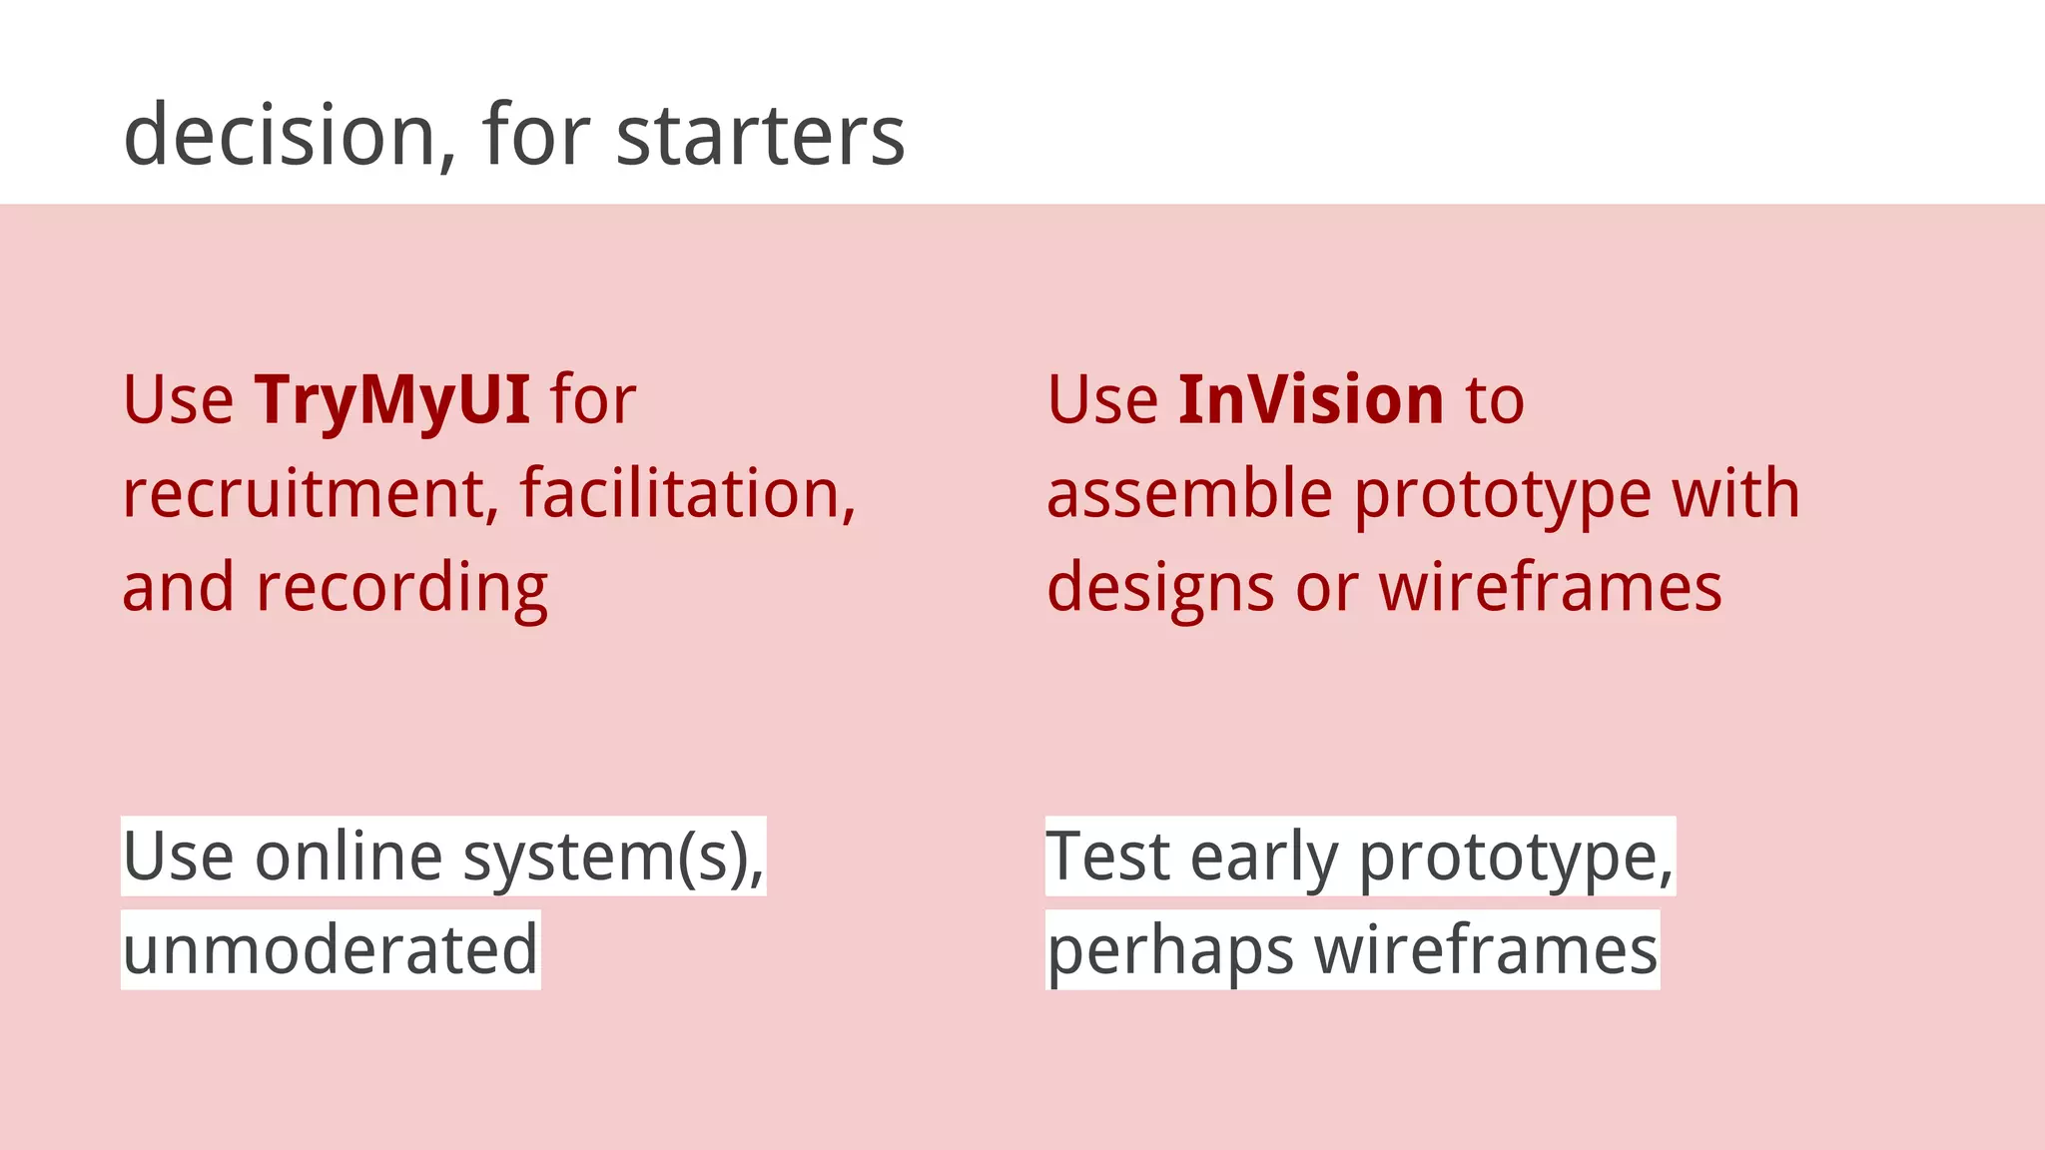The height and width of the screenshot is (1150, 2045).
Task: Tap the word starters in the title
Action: pos(760,137)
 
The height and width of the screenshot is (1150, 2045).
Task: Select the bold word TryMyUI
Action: pos(391,399)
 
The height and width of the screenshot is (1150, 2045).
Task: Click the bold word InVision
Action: pos(1310,399)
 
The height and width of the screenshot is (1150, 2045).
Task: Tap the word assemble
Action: pos(1188,493)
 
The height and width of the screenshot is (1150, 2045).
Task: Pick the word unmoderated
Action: pos(331,949)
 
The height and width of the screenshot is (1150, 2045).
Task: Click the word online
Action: pos(348,857)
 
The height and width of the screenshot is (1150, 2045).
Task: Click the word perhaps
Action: pos(1169,949)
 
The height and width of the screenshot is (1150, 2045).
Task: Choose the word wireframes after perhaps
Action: pos(1485,949)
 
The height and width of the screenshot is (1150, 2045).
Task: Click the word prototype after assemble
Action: pos(1502,493)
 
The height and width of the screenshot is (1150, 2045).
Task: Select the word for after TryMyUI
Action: pos(593,399)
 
